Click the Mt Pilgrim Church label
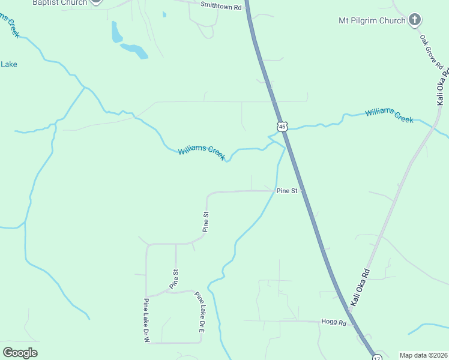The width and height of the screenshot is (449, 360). click(x=372, y=21)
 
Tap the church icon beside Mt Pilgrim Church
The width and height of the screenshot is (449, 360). click(x=414, y=20)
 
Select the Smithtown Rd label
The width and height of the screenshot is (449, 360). click(x=221, y=7)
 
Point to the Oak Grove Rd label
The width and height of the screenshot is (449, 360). click(x=431, y=52)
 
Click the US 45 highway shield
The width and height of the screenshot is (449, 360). click(x=282, y=126)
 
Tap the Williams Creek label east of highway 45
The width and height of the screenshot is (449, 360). click(x=389, y=115)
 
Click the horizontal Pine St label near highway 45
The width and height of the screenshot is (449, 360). click(x=287, y=191)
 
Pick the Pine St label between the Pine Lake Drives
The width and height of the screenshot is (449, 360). click(x=175, y=279)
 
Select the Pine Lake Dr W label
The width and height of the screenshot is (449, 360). click(x=146, y=320)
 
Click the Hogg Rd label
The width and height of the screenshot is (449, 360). click(x=334, y=322)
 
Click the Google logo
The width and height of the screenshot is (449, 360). click(x=20, y=353)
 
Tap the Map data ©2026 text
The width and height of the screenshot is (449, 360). click(x=423, y=355)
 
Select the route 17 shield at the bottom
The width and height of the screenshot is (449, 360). click(x=376, y=358)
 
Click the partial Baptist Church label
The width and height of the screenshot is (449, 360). click(x=60, y=3)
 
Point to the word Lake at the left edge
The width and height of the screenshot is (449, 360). click(x=8, y=64)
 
